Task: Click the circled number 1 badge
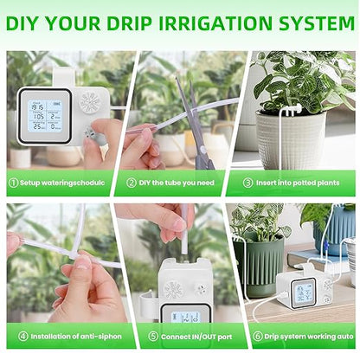(x=14, y=183)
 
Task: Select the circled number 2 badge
(x=132, y=183)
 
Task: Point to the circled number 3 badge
(x=247, y=183)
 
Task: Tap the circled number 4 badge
(x=14, y=335)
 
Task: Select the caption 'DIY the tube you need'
(x=178, y=183)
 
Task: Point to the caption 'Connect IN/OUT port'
(x=177, y=335)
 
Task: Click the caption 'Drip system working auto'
(x=302, y=335)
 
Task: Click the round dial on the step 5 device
(x=173, y=289)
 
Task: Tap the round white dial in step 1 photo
(x=90, y=101)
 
